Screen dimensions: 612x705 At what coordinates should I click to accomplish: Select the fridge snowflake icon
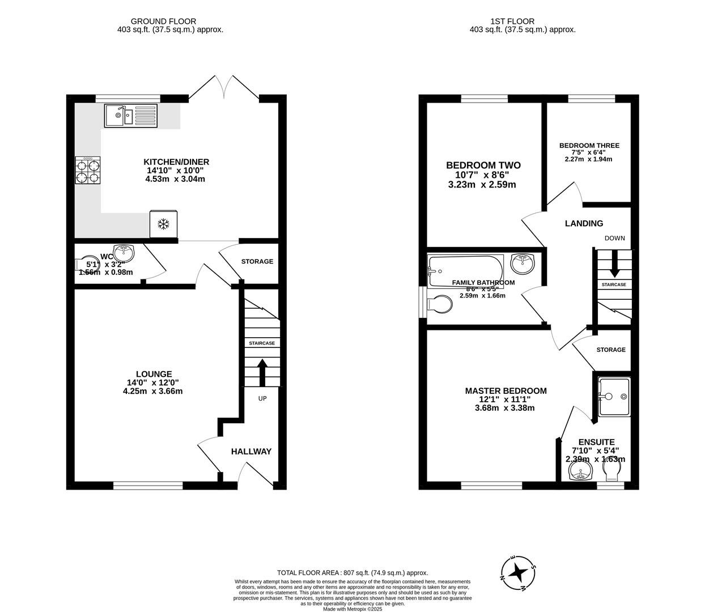pyautogui.click(x=164, y=224)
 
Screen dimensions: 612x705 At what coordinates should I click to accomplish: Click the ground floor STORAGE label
pyautogui.click(x=257, y=261)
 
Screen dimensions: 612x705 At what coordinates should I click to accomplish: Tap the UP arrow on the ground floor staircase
pyautogui.click(x=262, y=372)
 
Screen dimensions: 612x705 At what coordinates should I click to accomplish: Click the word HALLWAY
pyautogui.click(x=251, y=452)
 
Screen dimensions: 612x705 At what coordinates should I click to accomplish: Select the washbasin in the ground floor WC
pyautogui.click(x=124, y=251)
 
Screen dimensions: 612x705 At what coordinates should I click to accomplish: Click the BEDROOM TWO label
pyautogui.click(x=483, y=165)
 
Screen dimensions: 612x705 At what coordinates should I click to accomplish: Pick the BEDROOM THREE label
pyautogui.click(x=589, y=146)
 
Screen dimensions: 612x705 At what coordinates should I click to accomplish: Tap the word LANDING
pyautogui.click(x=584, y=224)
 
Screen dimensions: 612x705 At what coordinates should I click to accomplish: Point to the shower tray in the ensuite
pyautogui.click(x=613, y=397)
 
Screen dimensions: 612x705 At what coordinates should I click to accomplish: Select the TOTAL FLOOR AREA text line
pyautogui.click(x=352, y=573)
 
